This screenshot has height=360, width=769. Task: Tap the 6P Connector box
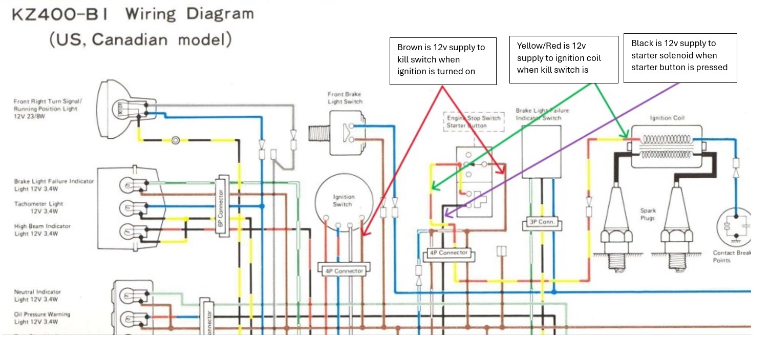pyautogui.click(x=221, y=204)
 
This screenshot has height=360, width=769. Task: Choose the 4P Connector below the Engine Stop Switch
pyautogui.click(x=449, y=253)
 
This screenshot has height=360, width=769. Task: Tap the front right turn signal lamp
pyautogui.click(x=121, y=109)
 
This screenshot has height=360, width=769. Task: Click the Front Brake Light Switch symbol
pyautogui.click(x=335, y=133)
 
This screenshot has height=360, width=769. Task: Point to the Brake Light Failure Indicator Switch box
pyautogui.click(x=542, y=152)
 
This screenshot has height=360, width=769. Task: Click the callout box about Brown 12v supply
pyautogui.click(x=443, y=60)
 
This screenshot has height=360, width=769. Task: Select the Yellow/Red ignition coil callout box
pyautogui.click(x=563, y=59)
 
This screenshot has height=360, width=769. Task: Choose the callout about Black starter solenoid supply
pyautogui.click(x=680, y=58)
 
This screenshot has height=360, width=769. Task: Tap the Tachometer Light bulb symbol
pyautogui.click(x=128, y=208)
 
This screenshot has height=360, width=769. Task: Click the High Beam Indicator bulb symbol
pyautogui.click(x=128, y=231)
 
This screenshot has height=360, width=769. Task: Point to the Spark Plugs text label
pyautogui.click(x=648, y=215)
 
